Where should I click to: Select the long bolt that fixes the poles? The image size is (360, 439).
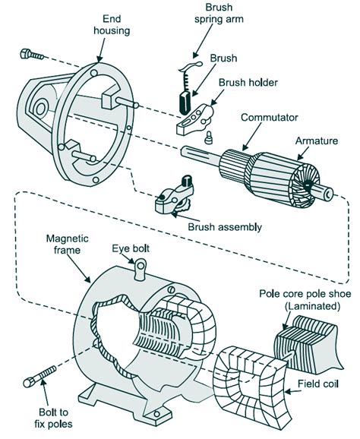tap(42, 381)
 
